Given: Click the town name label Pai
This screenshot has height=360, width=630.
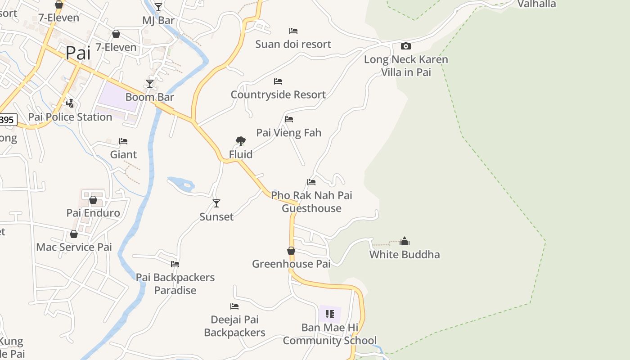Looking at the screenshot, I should click(x=78, y=53).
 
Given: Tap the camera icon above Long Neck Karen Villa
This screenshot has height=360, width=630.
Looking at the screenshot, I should click(x=405, y=46).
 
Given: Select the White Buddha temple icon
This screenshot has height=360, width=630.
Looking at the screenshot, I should click(x=405, y=241).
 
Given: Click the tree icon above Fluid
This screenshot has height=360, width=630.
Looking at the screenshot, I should click(x=241, y=141).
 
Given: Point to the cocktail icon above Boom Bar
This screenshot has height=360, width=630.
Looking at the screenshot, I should click(x=150, y=84).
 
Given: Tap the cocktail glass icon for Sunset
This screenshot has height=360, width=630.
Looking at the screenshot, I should click(x=216, y=203).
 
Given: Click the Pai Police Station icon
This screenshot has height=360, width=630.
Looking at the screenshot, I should click(x=70, y=103).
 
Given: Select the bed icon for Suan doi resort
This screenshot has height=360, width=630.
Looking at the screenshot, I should click(x=293, y=31).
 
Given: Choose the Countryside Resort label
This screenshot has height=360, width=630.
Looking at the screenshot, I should click(x=278, y=95).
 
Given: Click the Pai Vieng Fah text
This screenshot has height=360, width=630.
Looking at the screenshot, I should click(x=289, y=133).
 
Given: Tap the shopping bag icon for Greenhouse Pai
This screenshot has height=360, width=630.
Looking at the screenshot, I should click(x=291, y=251).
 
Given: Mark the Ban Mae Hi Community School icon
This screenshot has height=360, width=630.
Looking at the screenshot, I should click(x=330, y=314).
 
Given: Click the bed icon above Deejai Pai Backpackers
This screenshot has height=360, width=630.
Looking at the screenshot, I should click(x=234, y=306).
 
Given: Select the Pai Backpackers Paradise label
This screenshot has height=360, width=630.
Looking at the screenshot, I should click(x=175, y=284).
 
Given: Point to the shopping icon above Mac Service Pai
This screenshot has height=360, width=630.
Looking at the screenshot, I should click(x=74, y=234).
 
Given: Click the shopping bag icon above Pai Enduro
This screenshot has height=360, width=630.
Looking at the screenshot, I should click(x=93, y=200).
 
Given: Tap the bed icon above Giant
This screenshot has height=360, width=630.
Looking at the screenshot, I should click(x=123, y=141).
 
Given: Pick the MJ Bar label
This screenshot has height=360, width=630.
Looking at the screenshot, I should click(x=158, y=21).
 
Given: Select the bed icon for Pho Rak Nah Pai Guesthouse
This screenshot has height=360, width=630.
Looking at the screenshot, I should click(x=311, y=182).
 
